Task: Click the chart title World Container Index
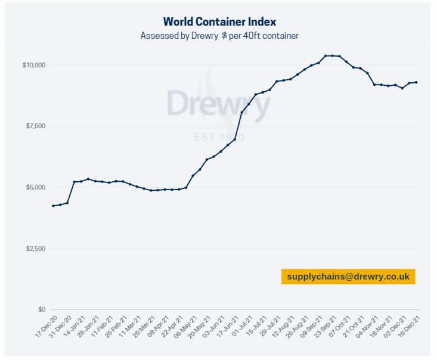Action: coord(219,22)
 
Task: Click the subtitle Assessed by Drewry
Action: coord(219,36)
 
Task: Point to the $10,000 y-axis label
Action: coord(34,64)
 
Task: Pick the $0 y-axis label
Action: coord(41,309)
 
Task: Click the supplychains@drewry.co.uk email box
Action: coord(348,277)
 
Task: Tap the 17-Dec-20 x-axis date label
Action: coord(47,327)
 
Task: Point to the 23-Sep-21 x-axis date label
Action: coord(325,327)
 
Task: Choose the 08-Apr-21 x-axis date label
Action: coord(158,327)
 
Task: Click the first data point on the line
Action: coord(54,206)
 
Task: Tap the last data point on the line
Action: coord(416,82)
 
